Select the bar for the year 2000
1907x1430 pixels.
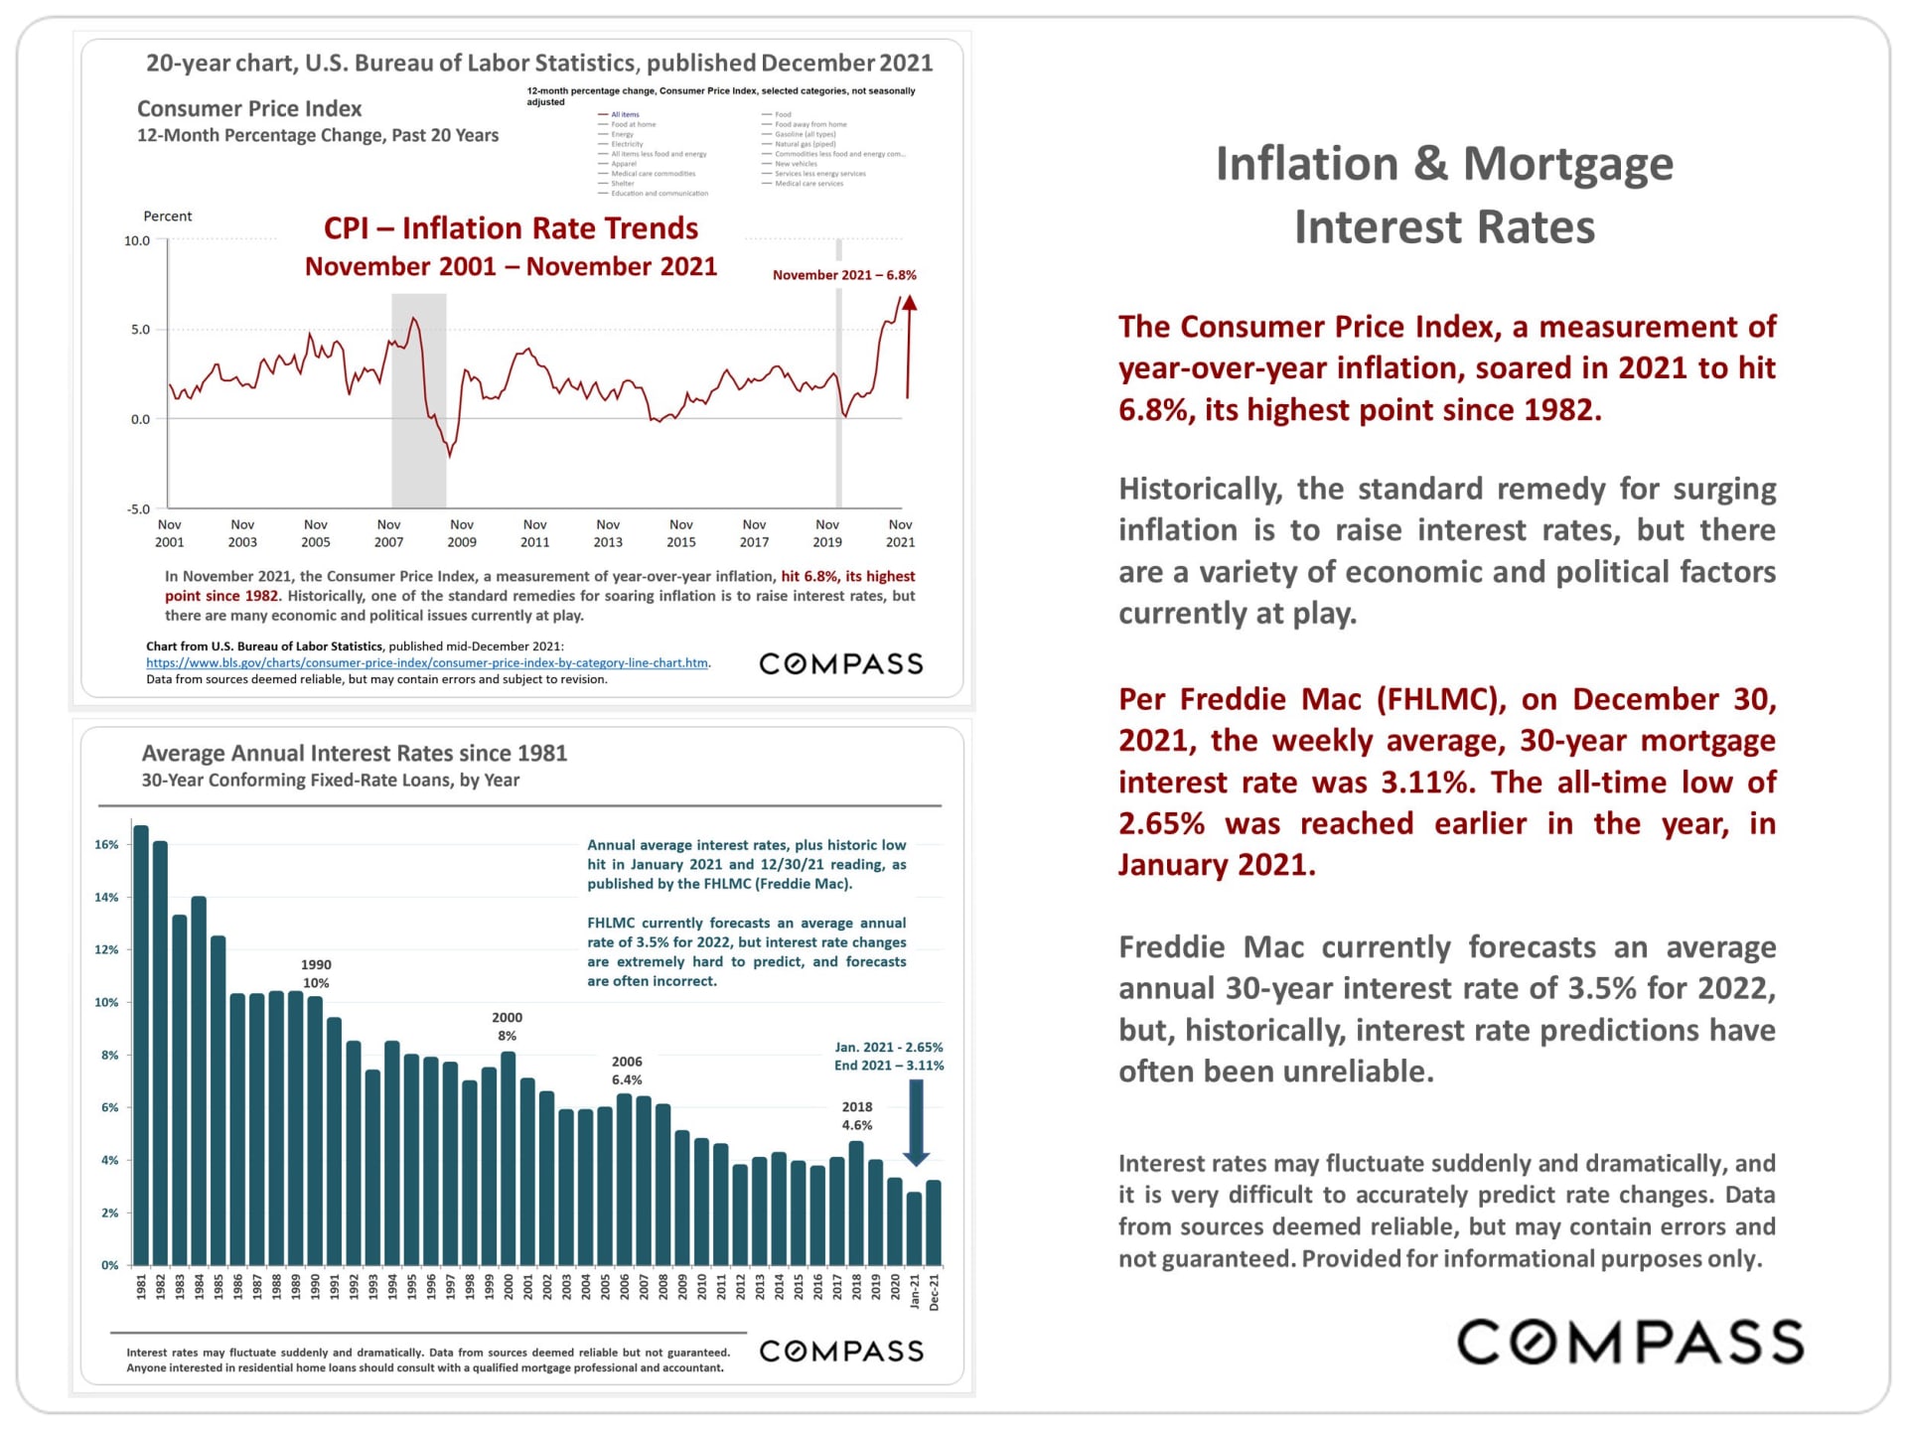(509, 1158)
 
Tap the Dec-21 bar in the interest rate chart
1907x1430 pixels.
(934, 1222)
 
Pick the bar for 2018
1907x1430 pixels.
(856, 1203)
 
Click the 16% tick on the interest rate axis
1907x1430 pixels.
(106, 845)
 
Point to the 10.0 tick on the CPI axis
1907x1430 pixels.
(137, 240)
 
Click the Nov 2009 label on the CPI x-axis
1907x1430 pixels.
(462, 533)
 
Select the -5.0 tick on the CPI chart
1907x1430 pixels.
(138, 509)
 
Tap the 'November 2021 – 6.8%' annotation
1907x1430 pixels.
(844, 275)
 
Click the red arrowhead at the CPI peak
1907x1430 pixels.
(909, 303)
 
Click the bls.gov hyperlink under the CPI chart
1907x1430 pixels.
(427, 663)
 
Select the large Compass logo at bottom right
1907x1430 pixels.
(1630, 1342)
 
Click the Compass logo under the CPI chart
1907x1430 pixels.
(841, 663)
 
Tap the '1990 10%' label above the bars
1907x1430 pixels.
(316, 973)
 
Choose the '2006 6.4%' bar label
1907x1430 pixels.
(627, 1071)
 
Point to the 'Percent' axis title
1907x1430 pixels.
(168, 216)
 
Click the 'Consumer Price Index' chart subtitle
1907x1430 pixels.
(249, 109)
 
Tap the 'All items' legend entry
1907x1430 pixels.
(625, 114)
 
